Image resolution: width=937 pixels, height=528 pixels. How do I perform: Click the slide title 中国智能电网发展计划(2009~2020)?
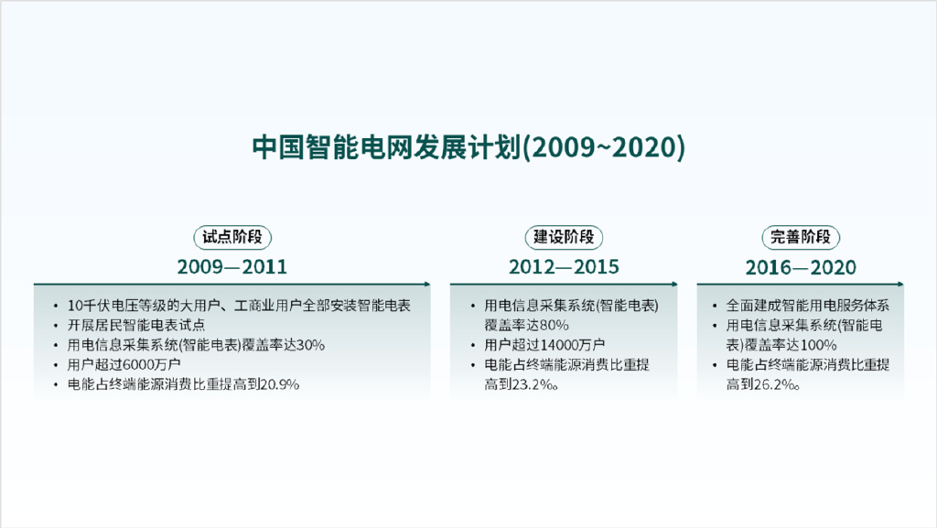tap(468, 147)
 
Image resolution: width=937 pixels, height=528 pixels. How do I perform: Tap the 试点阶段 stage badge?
tap(232, 237)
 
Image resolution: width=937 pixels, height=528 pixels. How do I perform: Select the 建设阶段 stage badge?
tap(564, 237)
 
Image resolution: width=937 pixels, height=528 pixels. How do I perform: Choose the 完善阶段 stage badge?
tap(801, 237)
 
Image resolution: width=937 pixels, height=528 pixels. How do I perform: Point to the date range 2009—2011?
tap(232, 266)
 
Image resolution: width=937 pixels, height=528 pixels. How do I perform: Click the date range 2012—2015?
tap(564, 266)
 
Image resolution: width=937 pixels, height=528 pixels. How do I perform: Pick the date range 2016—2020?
tap(801, 267)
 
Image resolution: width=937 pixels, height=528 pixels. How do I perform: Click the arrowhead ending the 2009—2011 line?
tap(428, 285)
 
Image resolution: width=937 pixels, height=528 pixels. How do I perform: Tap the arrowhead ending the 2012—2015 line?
tap(674, 285)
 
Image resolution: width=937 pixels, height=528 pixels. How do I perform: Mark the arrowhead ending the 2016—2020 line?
tap(900, 285)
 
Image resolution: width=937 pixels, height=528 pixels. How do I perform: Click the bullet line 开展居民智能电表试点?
tap(136, 325)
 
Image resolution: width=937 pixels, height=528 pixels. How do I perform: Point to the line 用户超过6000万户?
tap(124, 364)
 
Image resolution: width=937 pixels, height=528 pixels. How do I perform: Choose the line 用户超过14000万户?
tap(544, 345)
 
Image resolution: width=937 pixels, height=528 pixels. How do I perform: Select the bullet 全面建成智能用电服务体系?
tap(808, 306)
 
